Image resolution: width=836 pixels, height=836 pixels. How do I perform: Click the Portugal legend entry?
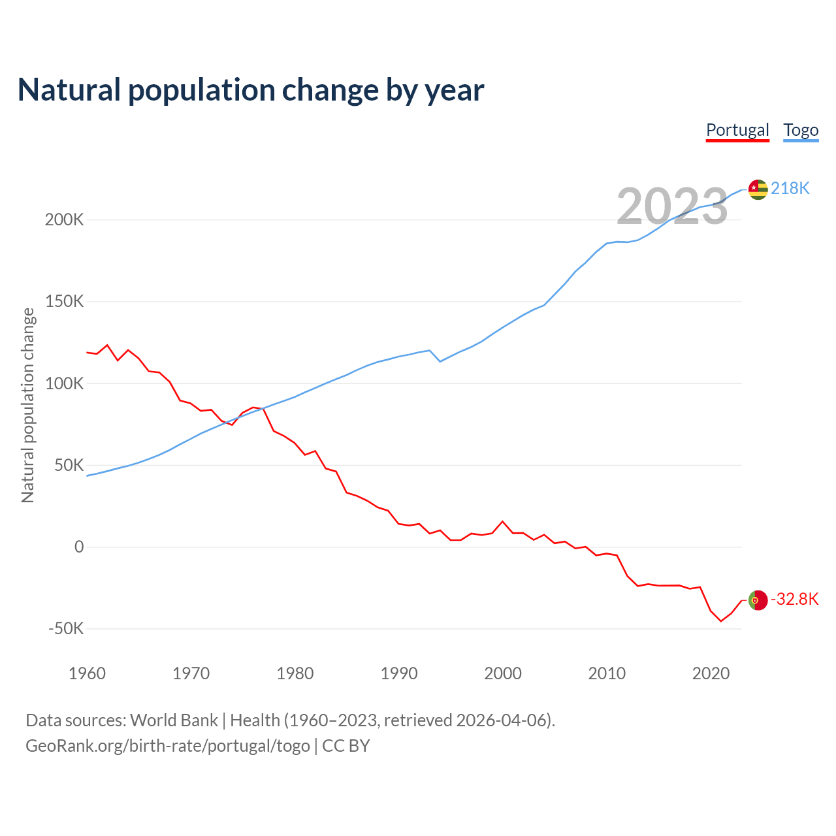coord(737,130)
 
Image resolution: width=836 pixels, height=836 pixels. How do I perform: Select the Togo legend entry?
coord(801,130)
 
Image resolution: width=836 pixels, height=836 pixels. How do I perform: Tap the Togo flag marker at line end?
coord(758,189)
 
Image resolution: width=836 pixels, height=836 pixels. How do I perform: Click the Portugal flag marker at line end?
coord(758,600)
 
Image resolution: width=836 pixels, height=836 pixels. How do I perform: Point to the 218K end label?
coord(790,189)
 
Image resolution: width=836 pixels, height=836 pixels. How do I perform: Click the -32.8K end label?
coord(795,600)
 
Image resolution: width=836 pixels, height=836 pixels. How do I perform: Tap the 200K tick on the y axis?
coord(64,219)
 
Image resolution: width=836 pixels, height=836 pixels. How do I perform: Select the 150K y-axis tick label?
coord(64,302)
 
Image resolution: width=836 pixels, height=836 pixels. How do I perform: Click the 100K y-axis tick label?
coord(64,383)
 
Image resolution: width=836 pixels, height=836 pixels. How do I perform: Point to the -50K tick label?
coord(66,629)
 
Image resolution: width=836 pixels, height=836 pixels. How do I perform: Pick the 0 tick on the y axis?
coord(79,547)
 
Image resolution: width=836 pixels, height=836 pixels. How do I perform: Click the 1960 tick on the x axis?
coord(87,673)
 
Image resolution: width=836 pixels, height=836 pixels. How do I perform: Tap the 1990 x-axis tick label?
coord(399,673)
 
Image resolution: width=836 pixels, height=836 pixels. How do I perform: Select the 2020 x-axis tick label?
coord(711,673)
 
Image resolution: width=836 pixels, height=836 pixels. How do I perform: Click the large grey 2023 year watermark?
coord(672,206)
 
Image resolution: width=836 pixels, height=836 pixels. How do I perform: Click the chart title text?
coord(251,90)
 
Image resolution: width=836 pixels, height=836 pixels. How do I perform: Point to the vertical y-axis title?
coord(27,405)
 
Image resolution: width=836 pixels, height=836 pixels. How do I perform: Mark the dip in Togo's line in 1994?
coord(440,361)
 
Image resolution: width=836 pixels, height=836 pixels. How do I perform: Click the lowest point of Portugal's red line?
coord(721,621)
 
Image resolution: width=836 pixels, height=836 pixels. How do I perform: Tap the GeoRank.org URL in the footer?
coord(167,746)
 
